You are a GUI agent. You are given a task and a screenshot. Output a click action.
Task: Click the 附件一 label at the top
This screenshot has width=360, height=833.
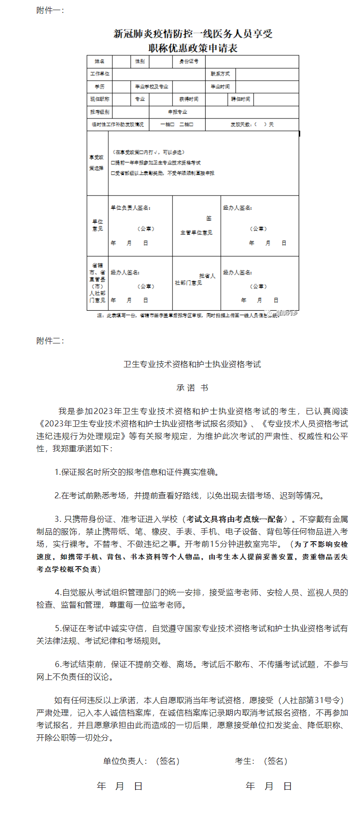pos(50,11)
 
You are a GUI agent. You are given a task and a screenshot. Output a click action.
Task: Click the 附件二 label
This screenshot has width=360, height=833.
pos(50,341)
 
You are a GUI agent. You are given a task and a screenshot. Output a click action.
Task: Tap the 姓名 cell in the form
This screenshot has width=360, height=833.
pos(100,61)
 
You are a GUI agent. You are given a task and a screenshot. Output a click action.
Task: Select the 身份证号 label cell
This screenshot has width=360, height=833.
pos(189,61)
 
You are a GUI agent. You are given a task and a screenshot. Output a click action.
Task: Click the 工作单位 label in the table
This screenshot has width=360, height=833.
pos(100,74)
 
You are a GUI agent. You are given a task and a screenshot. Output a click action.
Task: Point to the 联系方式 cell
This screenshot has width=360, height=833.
pos(220,74)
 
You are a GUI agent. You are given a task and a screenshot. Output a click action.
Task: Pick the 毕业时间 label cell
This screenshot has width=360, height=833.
pos(220,87)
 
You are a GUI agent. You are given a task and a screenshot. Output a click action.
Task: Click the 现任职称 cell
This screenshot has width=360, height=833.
pos(100,99)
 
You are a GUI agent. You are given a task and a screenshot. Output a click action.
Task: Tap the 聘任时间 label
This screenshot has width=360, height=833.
pos(241,99)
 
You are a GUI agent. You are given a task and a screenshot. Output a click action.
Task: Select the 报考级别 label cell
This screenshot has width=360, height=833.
pos(100,112)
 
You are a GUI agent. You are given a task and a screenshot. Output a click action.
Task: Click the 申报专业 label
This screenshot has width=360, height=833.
pos(177,112)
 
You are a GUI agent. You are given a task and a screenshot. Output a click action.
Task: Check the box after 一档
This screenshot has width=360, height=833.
pos(172,124)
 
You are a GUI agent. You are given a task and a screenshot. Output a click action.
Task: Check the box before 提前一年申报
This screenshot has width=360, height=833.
pos(113,163)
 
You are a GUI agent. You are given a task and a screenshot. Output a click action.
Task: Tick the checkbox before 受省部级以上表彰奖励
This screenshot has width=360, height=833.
pos(113,173)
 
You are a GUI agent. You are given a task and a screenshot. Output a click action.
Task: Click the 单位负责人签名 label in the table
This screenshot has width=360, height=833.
pos(130,208)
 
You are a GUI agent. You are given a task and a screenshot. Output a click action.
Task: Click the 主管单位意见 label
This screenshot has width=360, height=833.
pos(196,233)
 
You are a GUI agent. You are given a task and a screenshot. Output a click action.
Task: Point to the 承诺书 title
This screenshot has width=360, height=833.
pos(192,388)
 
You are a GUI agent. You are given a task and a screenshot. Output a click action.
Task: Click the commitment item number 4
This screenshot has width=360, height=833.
pos(58,592)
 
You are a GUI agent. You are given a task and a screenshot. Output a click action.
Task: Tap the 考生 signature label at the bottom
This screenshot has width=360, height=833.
pos(244,761)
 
